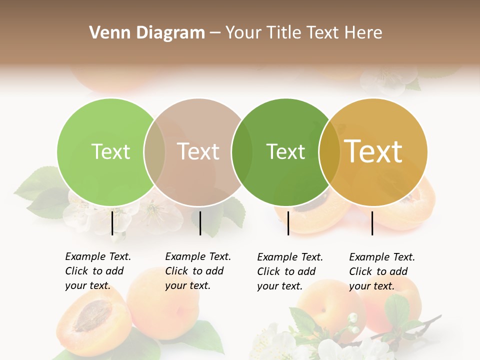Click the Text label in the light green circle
point(110,151)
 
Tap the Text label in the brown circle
point(198,151)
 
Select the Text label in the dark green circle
point(285,151)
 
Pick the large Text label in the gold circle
point(373,151)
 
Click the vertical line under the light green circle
point(112,222)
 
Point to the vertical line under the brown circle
point(200,222)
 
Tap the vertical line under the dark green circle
point(288,222)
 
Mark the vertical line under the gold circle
point(372,222)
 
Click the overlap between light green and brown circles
point(154,151)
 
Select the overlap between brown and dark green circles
point(242,151)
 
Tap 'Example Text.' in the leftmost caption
point(98,256)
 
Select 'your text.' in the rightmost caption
point(371,286)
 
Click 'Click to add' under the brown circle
point(194,271)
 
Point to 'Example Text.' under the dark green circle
point(290,257)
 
